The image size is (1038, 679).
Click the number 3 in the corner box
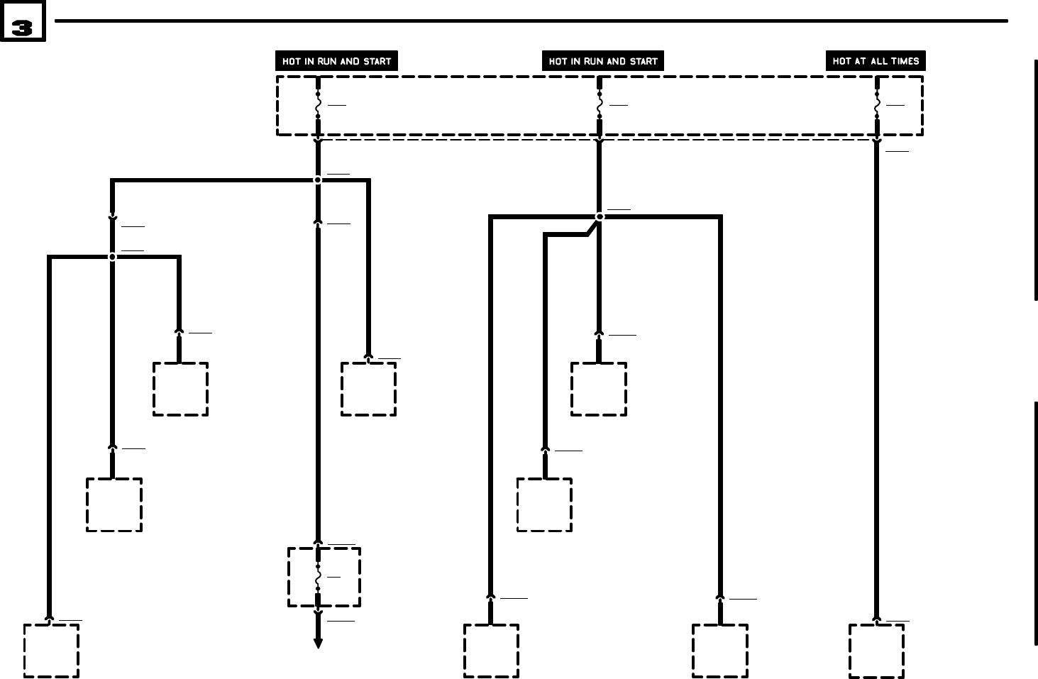point(22,28)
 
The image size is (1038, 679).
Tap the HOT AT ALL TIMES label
point(876,61)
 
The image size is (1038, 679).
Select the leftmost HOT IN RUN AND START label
point(336,61)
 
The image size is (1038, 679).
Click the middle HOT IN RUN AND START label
point(603,61)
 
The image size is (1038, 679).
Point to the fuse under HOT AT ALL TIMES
point(877,105)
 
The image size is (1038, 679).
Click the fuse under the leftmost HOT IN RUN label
point(318,105)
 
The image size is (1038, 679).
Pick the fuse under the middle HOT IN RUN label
point(600,105)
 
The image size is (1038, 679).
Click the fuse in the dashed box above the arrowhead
point(318,577)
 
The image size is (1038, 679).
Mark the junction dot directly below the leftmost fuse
point(318,180)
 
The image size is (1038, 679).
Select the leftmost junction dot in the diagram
point(112,257)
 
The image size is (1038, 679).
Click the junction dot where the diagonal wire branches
point(600,217)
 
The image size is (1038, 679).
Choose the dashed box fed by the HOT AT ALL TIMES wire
point(876,651)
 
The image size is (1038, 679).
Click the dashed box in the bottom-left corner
point(51,651)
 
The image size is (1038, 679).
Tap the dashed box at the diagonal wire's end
point(544,504)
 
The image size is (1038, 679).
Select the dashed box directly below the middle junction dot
point(599,389)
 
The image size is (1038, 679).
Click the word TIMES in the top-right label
point(905,61)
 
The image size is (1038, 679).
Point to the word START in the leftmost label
point(377,61)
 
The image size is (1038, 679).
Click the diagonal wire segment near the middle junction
point(591,228)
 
